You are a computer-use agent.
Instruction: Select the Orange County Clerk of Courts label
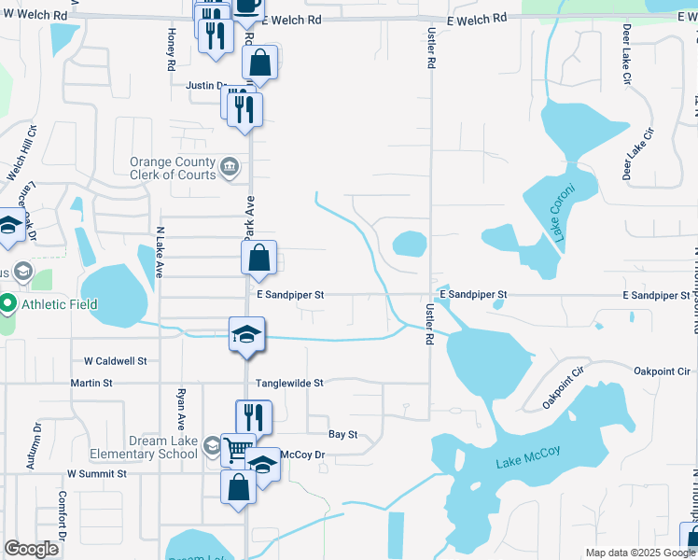tap(173, 168)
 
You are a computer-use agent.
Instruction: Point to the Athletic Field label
tap(60, 303)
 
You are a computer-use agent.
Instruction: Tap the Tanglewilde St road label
tap(289, 383)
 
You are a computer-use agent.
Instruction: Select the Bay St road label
tap(343, 434)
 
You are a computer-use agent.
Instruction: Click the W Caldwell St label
tap(116, 360)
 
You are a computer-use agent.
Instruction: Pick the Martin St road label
tap(91, 383)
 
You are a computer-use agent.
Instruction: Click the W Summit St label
tap(92, 474)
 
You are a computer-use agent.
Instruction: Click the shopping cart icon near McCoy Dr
tap(238, 449)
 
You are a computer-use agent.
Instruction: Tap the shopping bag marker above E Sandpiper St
tap(260, 258)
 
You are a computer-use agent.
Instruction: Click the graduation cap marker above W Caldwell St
tap(246, 334)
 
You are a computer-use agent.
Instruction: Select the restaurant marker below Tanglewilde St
tap(253, 415)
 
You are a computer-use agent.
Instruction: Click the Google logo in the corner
tap(33, 549)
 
